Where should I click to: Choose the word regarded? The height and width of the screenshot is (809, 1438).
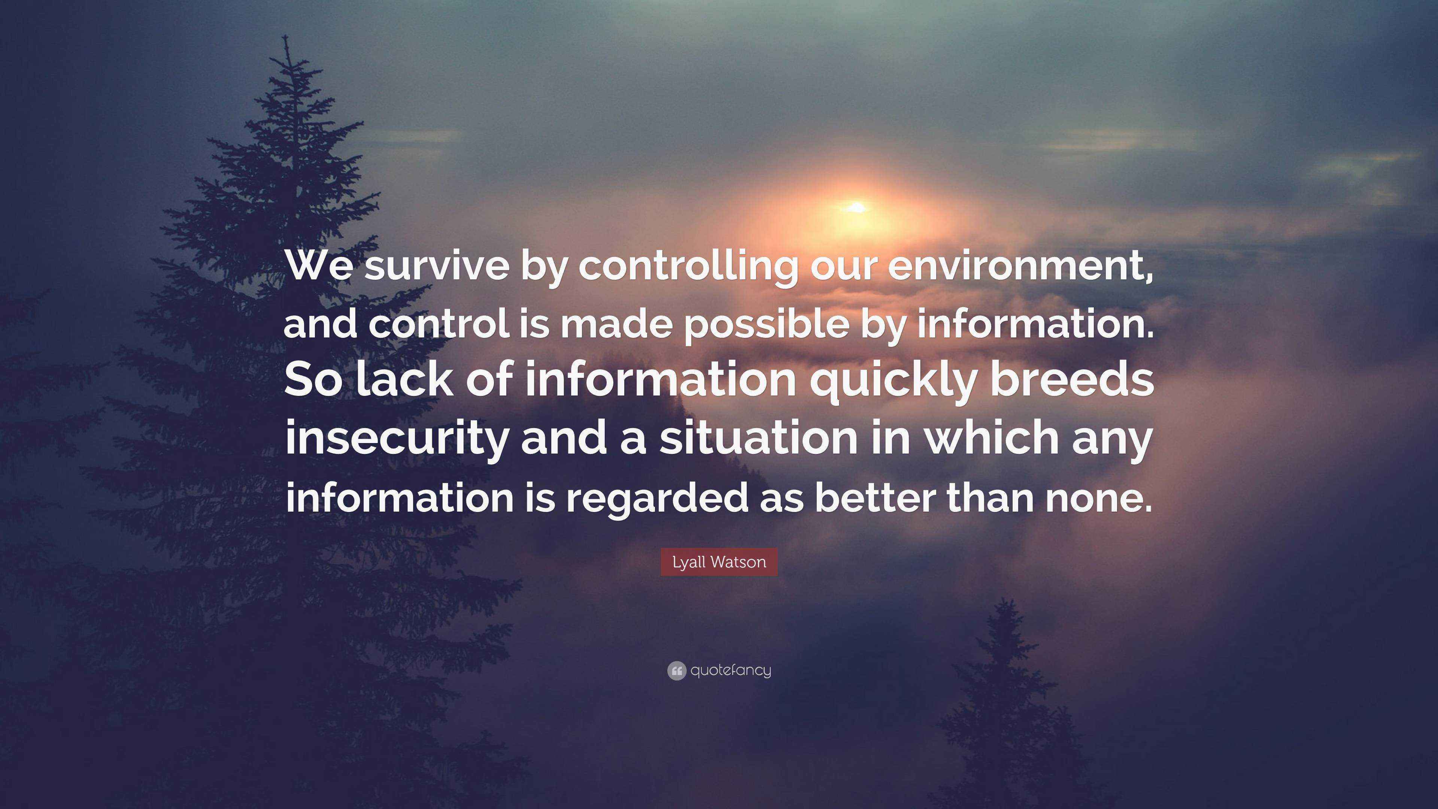(x=657, y=500)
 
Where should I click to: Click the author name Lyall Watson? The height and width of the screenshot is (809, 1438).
(x=719, y=562)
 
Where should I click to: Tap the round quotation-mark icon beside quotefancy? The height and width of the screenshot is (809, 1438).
(x=676, y=670)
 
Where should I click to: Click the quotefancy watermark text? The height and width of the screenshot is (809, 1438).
(x=731, y=670)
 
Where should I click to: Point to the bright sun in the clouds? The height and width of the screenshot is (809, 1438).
(x=855, y=208)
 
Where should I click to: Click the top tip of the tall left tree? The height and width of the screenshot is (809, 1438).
(x=286, y=36)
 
